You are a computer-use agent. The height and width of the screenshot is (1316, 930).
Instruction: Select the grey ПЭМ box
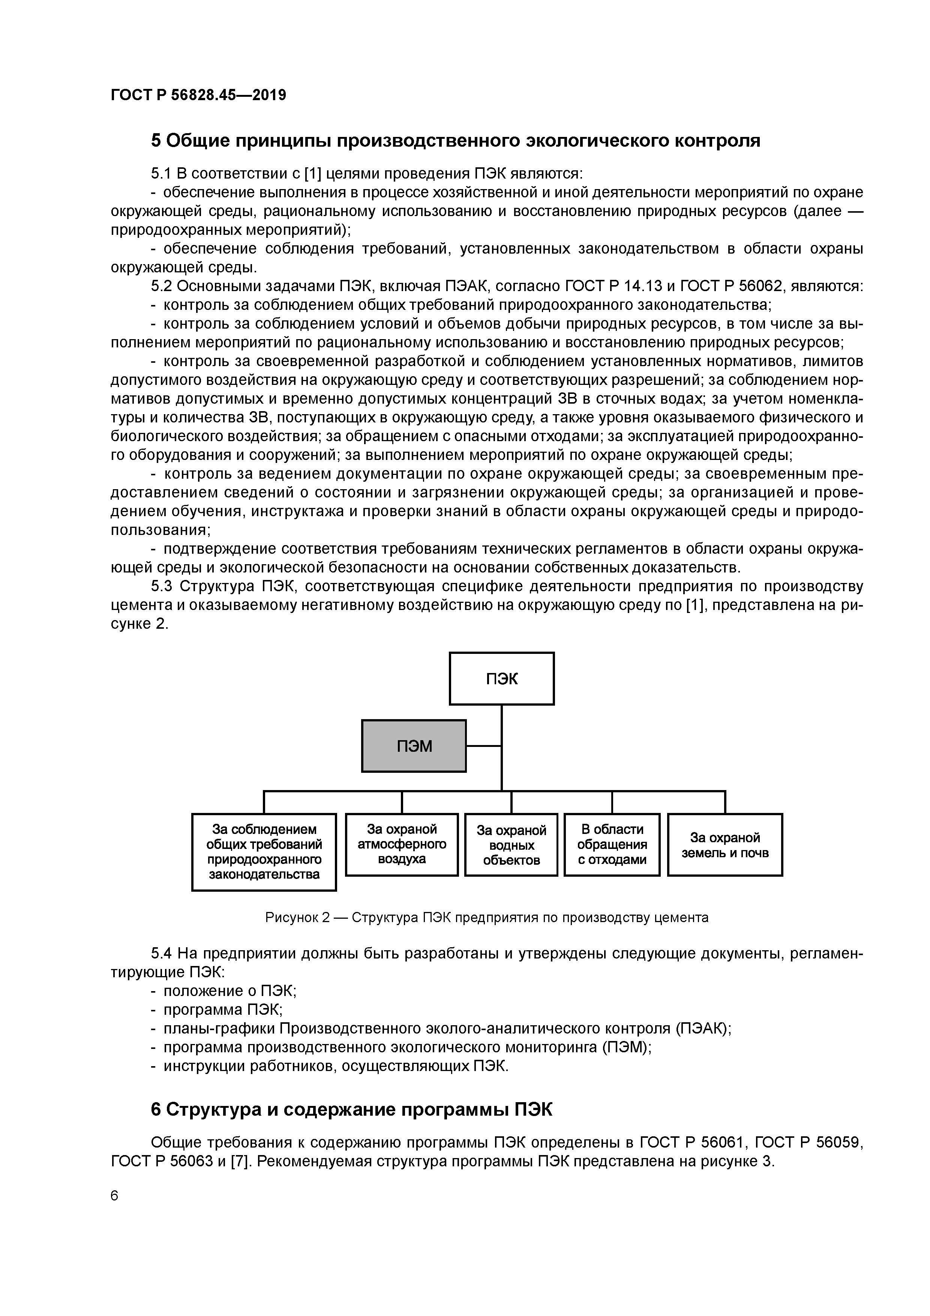[x=414, y=746]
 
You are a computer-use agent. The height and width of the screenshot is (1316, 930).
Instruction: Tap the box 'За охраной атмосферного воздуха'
[x=402, y=844]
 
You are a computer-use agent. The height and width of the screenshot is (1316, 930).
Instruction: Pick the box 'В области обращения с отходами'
[x=612, y=844]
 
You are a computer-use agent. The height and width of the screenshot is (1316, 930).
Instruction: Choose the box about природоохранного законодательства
[x=264, y=852]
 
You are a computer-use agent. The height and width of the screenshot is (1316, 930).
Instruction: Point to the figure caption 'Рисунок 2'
[x=297, y=918]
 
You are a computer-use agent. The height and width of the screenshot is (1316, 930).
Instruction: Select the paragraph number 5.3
[x=162, y=586]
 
